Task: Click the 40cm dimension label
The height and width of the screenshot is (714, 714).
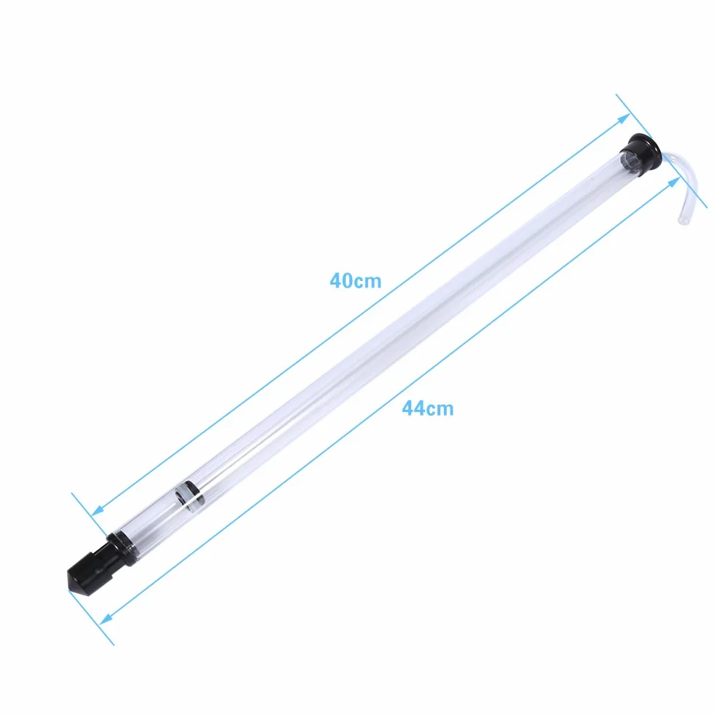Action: (355, 280)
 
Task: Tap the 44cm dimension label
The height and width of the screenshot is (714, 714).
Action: (427, 408)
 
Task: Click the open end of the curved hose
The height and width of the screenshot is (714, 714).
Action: (683, 220)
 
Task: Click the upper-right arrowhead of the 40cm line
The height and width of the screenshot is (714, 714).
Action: (624, 119)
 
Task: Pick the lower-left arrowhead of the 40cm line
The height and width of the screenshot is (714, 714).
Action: (99, 510)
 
